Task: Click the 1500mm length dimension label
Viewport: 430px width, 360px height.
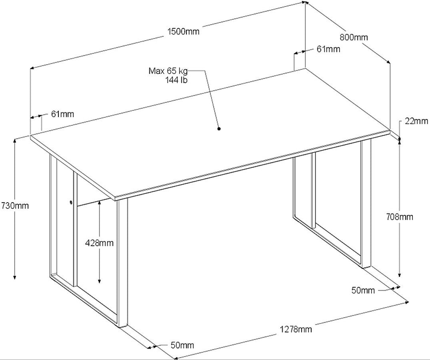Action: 183,31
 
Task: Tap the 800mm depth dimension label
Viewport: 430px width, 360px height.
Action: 354,37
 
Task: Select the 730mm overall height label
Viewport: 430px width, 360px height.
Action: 15,205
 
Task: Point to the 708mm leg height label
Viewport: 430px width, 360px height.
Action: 399,217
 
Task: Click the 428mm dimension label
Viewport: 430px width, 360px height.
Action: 99,243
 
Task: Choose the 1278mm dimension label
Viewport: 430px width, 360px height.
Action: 296,329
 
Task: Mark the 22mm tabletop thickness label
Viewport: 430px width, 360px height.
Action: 416,121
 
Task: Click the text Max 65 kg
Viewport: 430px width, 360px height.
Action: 168,71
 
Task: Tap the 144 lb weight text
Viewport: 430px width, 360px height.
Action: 176,80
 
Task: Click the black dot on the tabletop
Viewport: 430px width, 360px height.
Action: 219,128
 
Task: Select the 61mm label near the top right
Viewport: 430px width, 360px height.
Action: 328,49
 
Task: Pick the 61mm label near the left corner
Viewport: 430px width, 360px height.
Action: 63,114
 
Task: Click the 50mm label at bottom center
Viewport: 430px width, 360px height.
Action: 182,345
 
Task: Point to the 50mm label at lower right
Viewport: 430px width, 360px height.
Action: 363,290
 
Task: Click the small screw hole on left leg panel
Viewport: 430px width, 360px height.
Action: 71,203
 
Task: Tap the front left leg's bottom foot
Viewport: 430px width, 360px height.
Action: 123,326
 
